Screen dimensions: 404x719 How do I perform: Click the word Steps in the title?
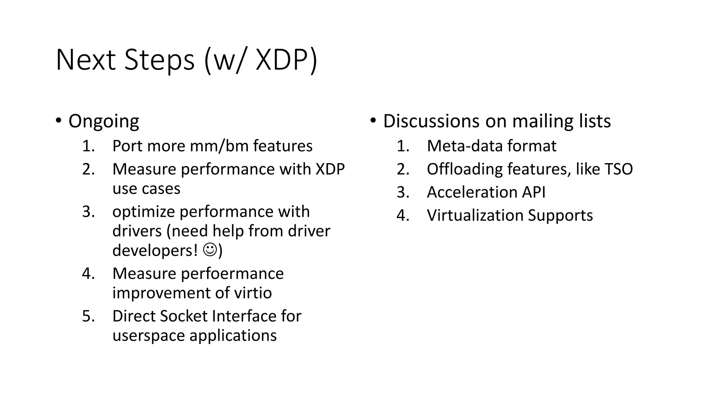[x=159, y=60]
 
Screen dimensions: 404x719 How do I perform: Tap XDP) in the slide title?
[x=286, y=60]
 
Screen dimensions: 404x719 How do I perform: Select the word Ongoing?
[x=104, y=121]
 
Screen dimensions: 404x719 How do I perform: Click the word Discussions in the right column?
[x=431, y=121]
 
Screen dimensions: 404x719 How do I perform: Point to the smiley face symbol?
[x=210, y=250]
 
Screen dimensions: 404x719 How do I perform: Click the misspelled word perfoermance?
[x=232, y=274]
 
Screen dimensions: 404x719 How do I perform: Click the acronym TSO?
[x=618, y=169]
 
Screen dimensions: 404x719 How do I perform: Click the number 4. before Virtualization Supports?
[x=403, y=215]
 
